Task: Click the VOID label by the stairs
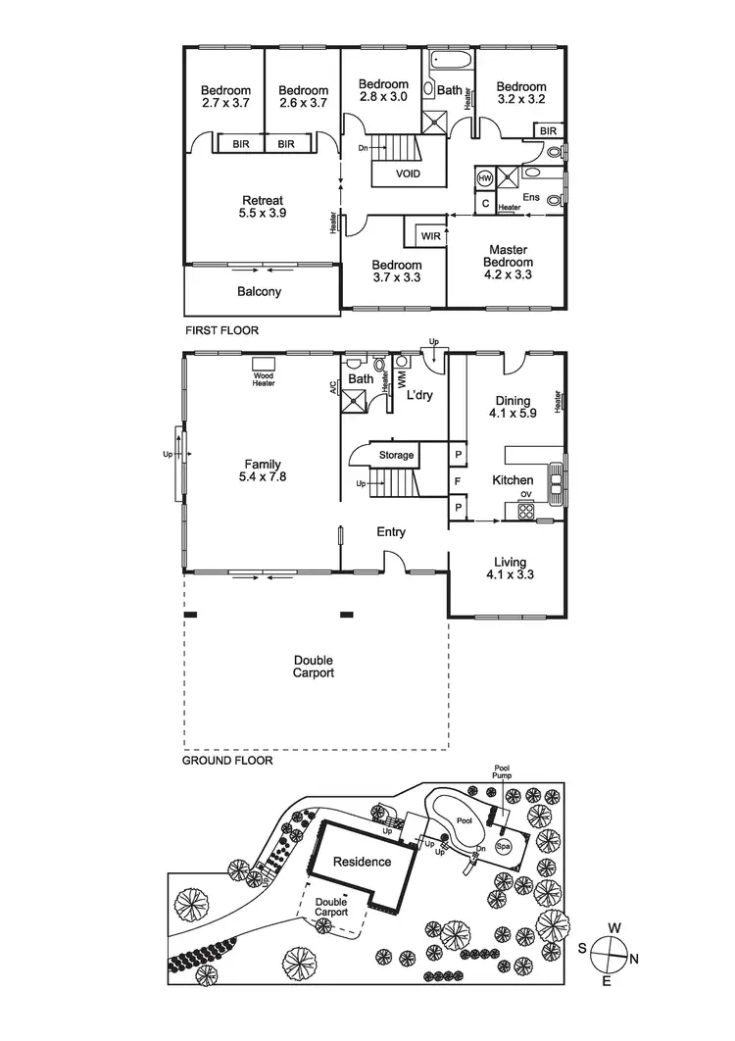point(409,173)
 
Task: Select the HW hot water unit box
point(485,178)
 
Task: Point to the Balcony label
point(260,291)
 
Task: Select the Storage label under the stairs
point(397,456)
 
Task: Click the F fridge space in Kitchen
point(458,480)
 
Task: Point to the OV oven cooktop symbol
point(526,509)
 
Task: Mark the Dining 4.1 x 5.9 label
point(513,407)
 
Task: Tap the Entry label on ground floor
point(391,532)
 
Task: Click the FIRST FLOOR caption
point(221,330)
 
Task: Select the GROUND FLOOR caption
point(227,760)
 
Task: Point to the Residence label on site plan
point(362,863)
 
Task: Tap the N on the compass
point(636,958)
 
